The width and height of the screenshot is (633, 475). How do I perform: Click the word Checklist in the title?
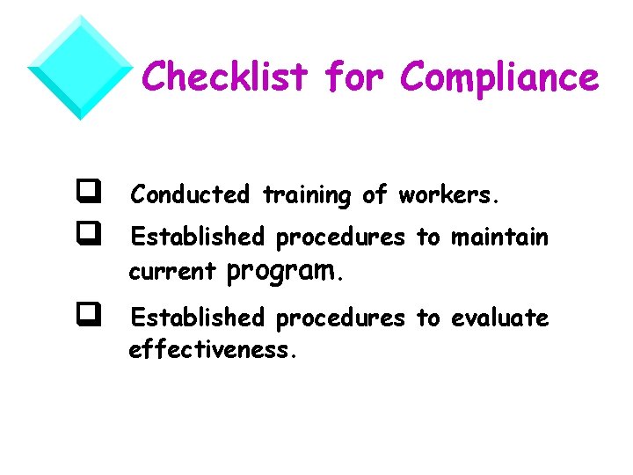tap(226, 77)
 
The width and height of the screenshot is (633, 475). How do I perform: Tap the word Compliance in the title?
tap(498, 77)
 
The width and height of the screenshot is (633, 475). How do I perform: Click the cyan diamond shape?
tap(80, 67)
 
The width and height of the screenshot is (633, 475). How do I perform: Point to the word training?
tap(306, 195)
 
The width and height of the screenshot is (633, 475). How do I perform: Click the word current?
tap(171, 272)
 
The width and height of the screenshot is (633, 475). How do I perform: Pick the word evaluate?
tap(499, 317)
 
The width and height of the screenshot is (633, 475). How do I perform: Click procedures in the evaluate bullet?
tap(340, 318)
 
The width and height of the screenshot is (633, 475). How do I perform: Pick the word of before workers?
tap(375, 194)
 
